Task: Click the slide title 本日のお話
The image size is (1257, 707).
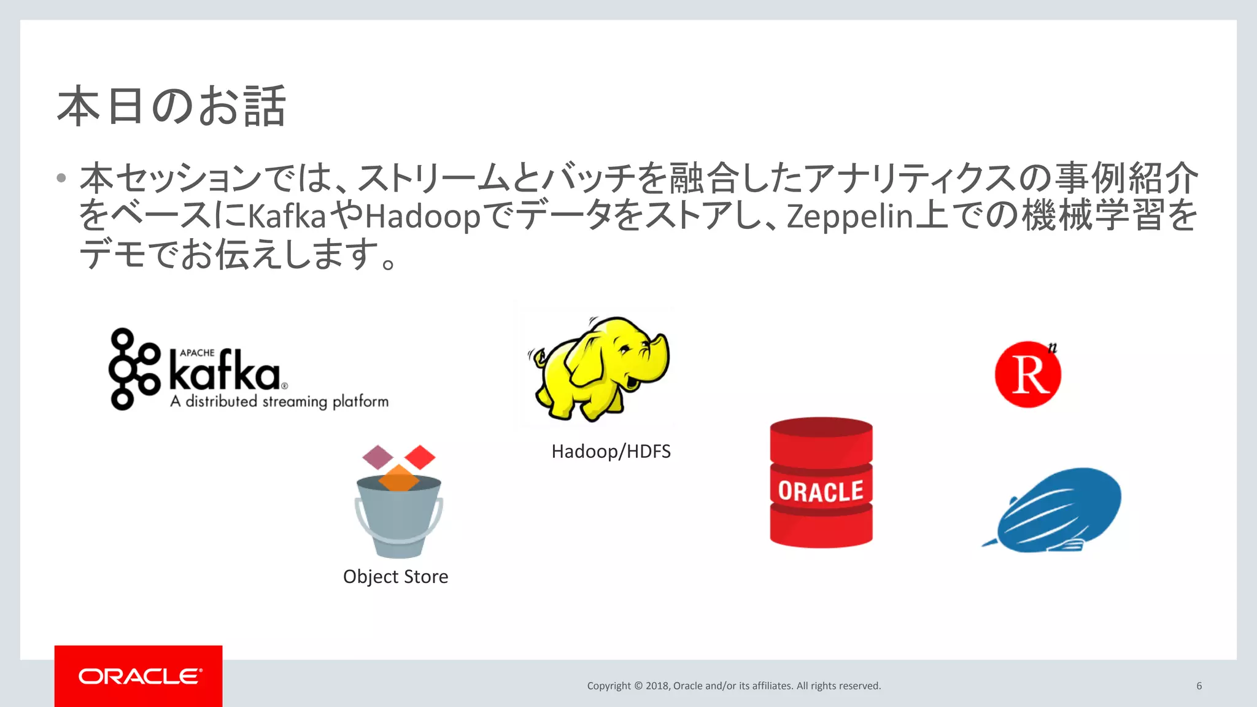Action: tap(171, 107)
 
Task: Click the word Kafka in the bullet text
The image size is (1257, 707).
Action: tap(286, 216)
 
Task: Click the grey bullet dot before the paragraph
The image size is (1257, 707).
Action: tap(61, 179)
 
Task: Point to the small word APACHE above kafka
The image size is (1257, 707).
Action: tap(197, 353)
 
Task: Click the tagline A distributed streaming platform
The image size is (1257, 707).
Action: tap(279, 401)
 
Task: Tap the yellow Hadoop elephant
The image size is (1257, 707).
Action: tap(600, 368)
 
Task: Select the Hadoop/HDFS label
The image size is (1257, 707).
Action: tap(611, 452)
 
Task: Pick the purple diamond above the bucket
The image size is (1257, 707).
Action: tap(377, 457)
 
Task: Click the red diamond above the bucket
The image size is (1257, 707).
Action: tap(420, 457)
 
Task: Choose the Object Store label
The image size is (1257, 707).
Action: tap(395, 577)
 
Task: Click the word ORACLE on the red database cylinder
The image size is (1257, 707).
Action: tap(821, 492)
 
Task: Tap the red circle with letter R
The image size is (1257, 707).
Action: tap(1028, 374)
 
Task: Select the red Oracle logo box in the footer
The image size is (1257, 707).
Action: tap(139, 676)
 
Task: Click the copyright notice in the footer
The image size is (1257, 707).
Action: tap(733, 686)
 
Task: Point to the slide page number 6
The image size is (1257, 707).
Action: tap(1199, 686)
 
